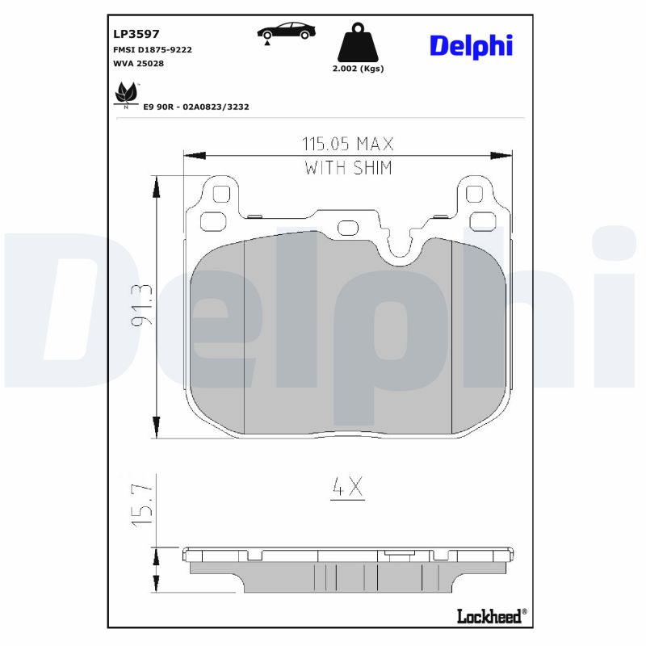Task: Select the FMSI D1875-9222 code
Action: (153, 49)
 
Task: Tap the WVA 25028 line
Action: (140, 63)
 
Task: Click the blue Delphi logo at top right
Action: (471, 45)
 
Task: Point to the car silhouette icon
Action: (286, 31)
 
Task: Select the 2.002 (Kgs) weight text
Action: (358, 69)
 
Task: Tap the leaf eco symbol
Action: (125, 94)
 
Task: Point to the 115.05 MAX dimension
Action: (348, 145)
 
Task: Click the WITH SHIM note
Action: (348, 168)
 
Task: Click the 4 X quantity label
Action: (348, 487)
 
